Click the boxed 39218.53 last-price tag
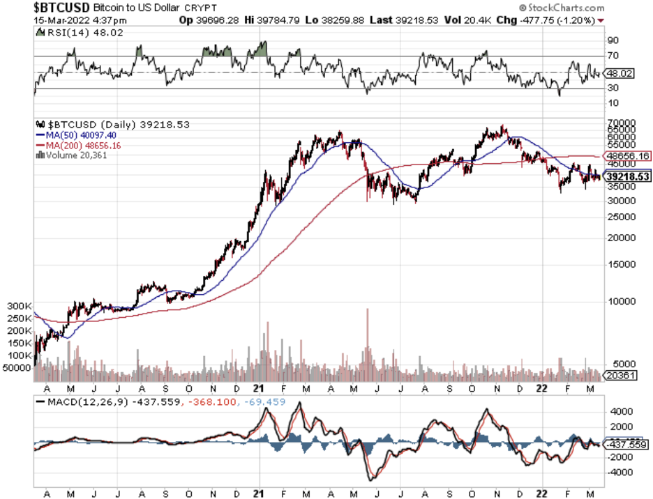[x=627, y=178]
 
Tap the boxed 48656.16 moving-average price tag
[x=627, y=155]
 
